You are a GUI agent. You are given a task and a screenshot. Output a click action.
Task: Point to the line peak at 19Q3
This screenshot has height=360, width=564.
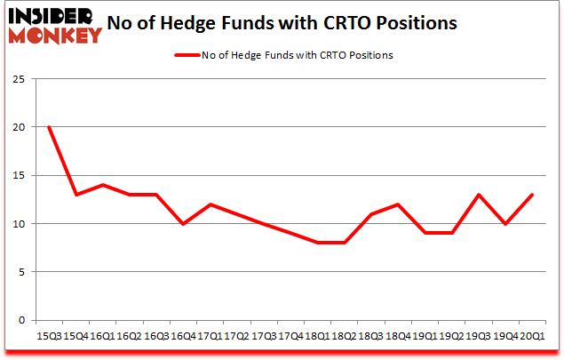[479, 195]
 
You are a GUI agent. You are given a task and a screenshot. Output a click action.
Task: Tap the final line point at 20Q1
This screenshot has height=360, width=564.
[532, 195]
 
